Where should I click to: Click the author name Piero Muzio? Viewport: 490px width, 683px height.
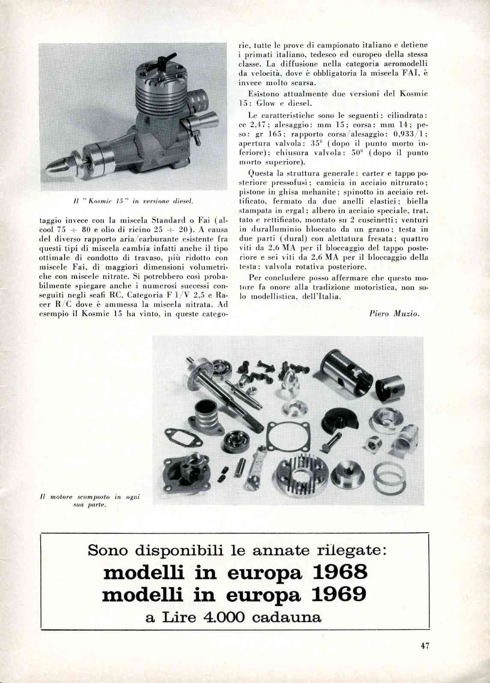point(394,313)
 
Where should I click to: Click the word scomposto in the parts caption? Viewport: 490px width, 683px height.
point(94,497)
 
